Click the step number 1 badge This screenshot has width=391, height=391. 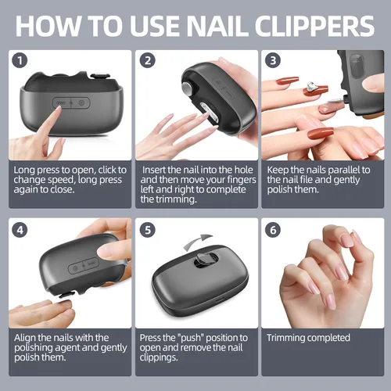[x=20, y=60]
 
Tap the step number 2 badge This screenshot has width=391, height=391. [x=148, y=60]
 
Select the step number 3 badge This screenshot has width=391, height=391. [x=273, y=60]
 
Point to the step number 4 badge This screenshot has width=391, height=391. [x=20, y=230]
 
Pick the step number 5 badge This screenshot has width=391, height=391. [x=148, y=230]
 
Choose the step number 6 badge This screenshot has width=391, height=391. [x=273, y=230]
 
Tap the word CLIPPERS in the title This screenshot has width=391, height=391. [x=314, y=26]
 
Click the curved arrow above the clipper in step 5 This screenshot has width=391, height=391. [x=197, y=241]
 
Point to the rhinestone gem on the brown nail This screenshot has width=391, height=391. [x=311, y=87]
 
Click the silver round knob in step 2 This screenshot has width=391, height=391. [x=187, y=88]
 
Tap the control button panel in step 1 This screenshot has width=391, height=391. [x=71, y=103]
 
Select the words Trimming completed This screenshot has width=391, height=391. [x=308, y=338]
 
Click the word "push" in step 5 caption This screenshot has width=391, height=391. [x=191, y=338]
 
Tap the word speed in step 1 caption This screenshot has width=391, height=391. [x=61, y=181]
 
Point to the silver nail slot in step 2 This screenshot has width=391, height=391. [x=210, y=112]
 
